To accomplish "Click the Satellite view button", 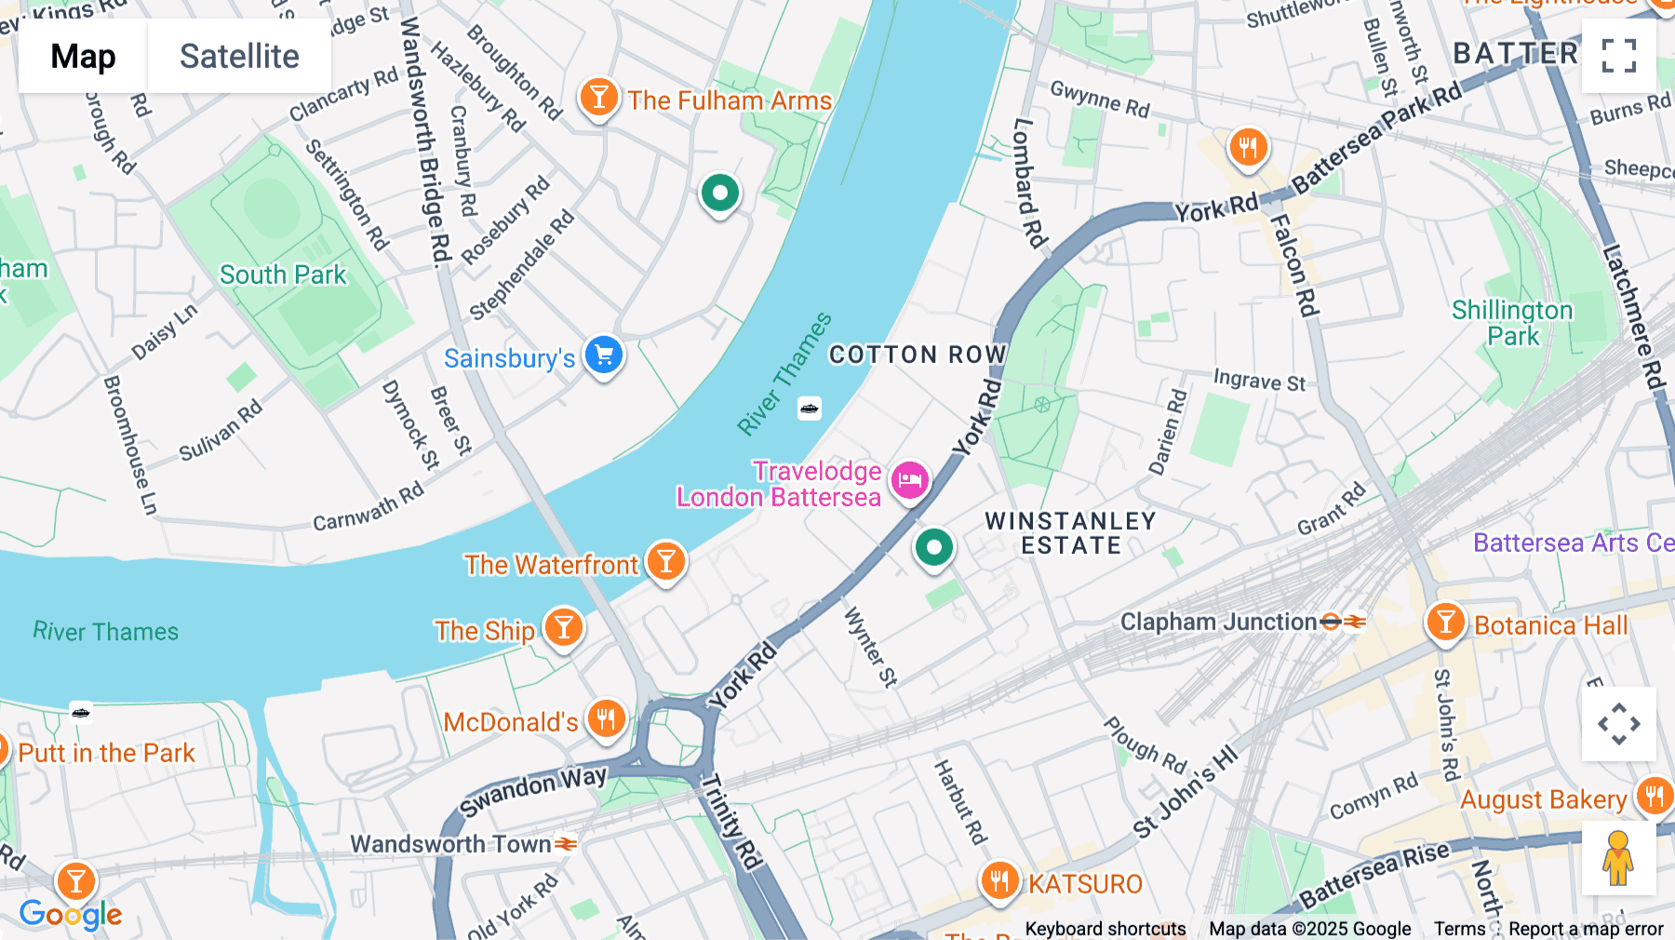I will pos(239,57).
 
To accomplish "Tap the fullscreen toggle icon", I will pos(1618,56).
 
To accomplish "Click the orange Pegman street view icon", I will pos(1618,857).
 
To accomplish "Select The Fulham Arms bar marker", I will pos(599,98).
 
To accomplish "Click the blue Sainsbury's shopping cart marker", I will pos(604,356).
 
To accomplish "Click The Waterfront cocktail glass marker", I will pos(666,562).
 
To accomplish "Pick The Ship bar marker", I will pos(564,628).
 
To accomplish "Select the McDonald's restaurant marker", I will pos(606,719).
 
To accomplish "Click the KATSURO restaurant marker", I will pos(999,880).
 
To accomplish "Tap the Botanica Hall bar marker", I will pos(1445,622).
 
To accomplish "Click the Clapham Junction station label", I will pos(1218,622).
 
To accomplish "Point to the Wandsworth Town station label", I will pos(450,844).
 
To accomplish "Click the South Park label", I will pos(283,275).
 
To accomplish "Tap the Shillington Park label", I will pos(1512,323).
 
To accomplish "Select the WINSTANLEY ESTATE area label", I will pos(1070,533).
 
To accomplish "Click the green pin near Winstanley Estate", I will pos(933,547).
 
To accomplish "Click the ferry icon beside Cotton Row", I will pos(810,409).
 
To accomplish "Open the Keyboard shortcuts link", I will pos(1105,929).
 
